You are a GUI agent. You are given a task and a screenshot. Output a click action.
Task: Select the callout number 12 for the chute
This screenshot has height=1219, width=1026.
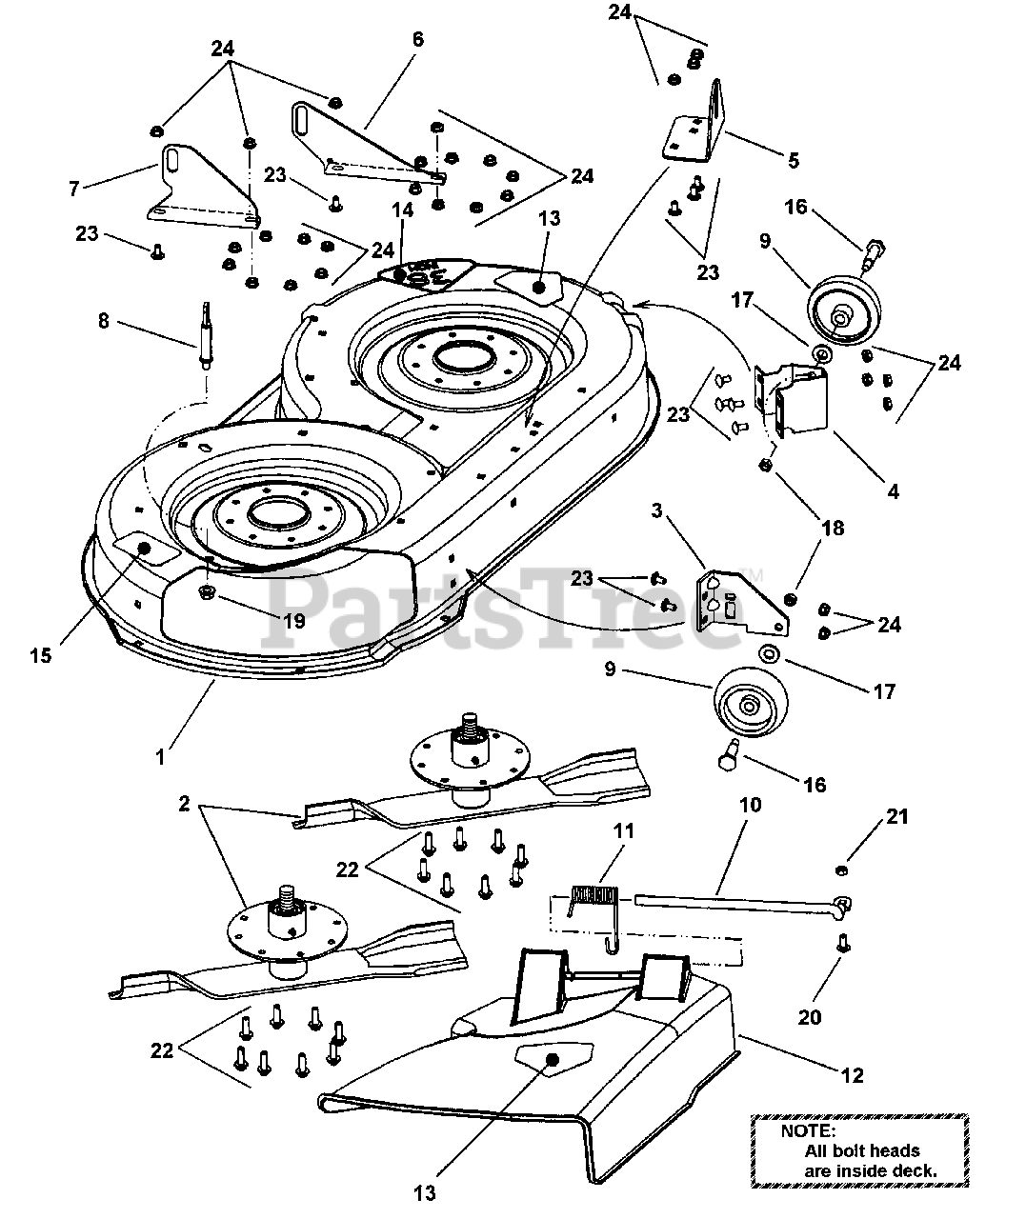(853, 1075)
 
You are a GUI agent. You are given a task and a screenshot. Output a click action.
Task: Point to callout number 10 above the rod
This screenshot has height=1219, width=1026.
(750, 805)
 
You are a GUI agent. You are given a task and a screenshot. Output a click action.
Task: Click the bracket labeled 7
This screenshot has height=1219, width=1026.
(203, 189)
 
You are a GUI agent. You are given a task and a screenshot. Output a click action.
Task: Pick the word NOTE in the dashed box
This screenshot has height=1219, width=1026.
(807, 1131)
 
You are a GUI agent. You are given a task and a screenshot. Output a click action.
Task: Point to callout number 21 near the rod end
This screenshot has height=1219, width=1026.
(896, 816)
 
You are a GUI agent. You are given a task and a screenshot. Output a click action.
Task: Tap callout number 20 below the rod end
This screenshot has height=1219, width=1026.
(810, 1018)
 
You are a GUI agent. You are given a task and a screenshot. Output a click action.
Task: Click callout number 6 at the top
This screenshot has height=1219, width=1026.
(417, 39)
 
